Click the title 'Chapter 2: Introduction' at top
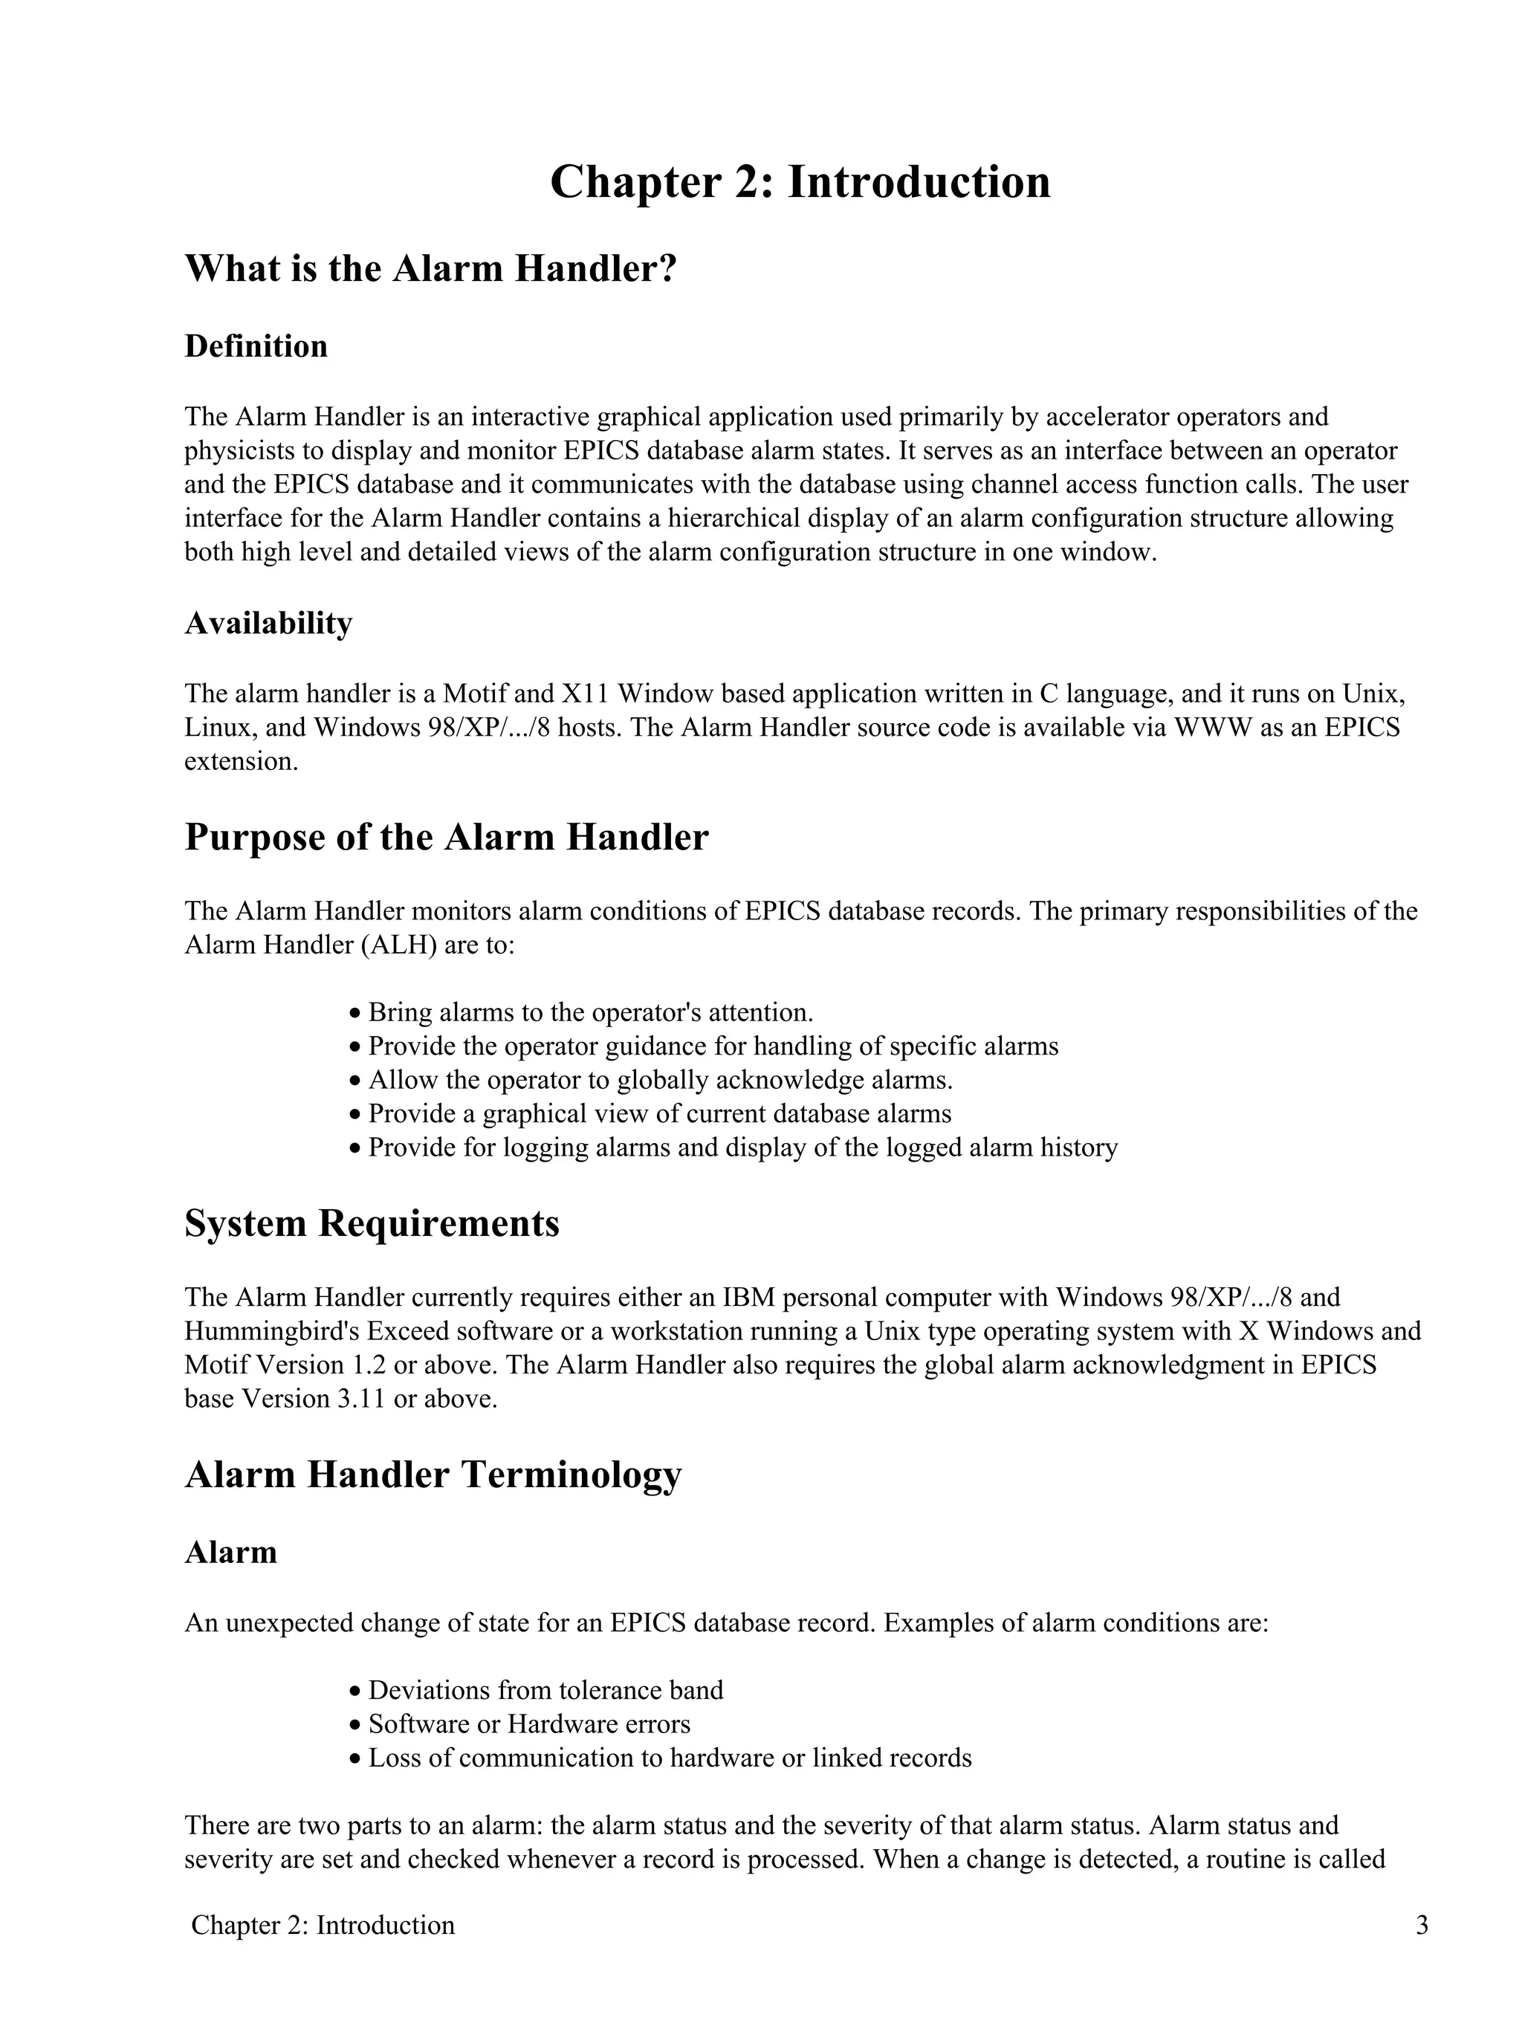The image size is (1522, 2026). (800, 181)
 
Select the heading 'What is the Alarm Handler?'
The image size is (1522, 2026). (430, 268)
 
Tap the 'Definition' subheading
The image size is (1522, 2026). (256, 346)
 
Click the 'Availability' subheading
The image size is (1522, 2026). (268, 623)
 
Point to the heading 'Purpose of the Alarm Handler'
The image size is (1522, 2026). (446, 837)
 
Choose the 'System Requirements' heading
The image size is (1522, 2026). (371, 1223)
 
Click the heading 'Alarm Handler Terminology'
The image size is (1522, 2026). (433, 1475)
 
